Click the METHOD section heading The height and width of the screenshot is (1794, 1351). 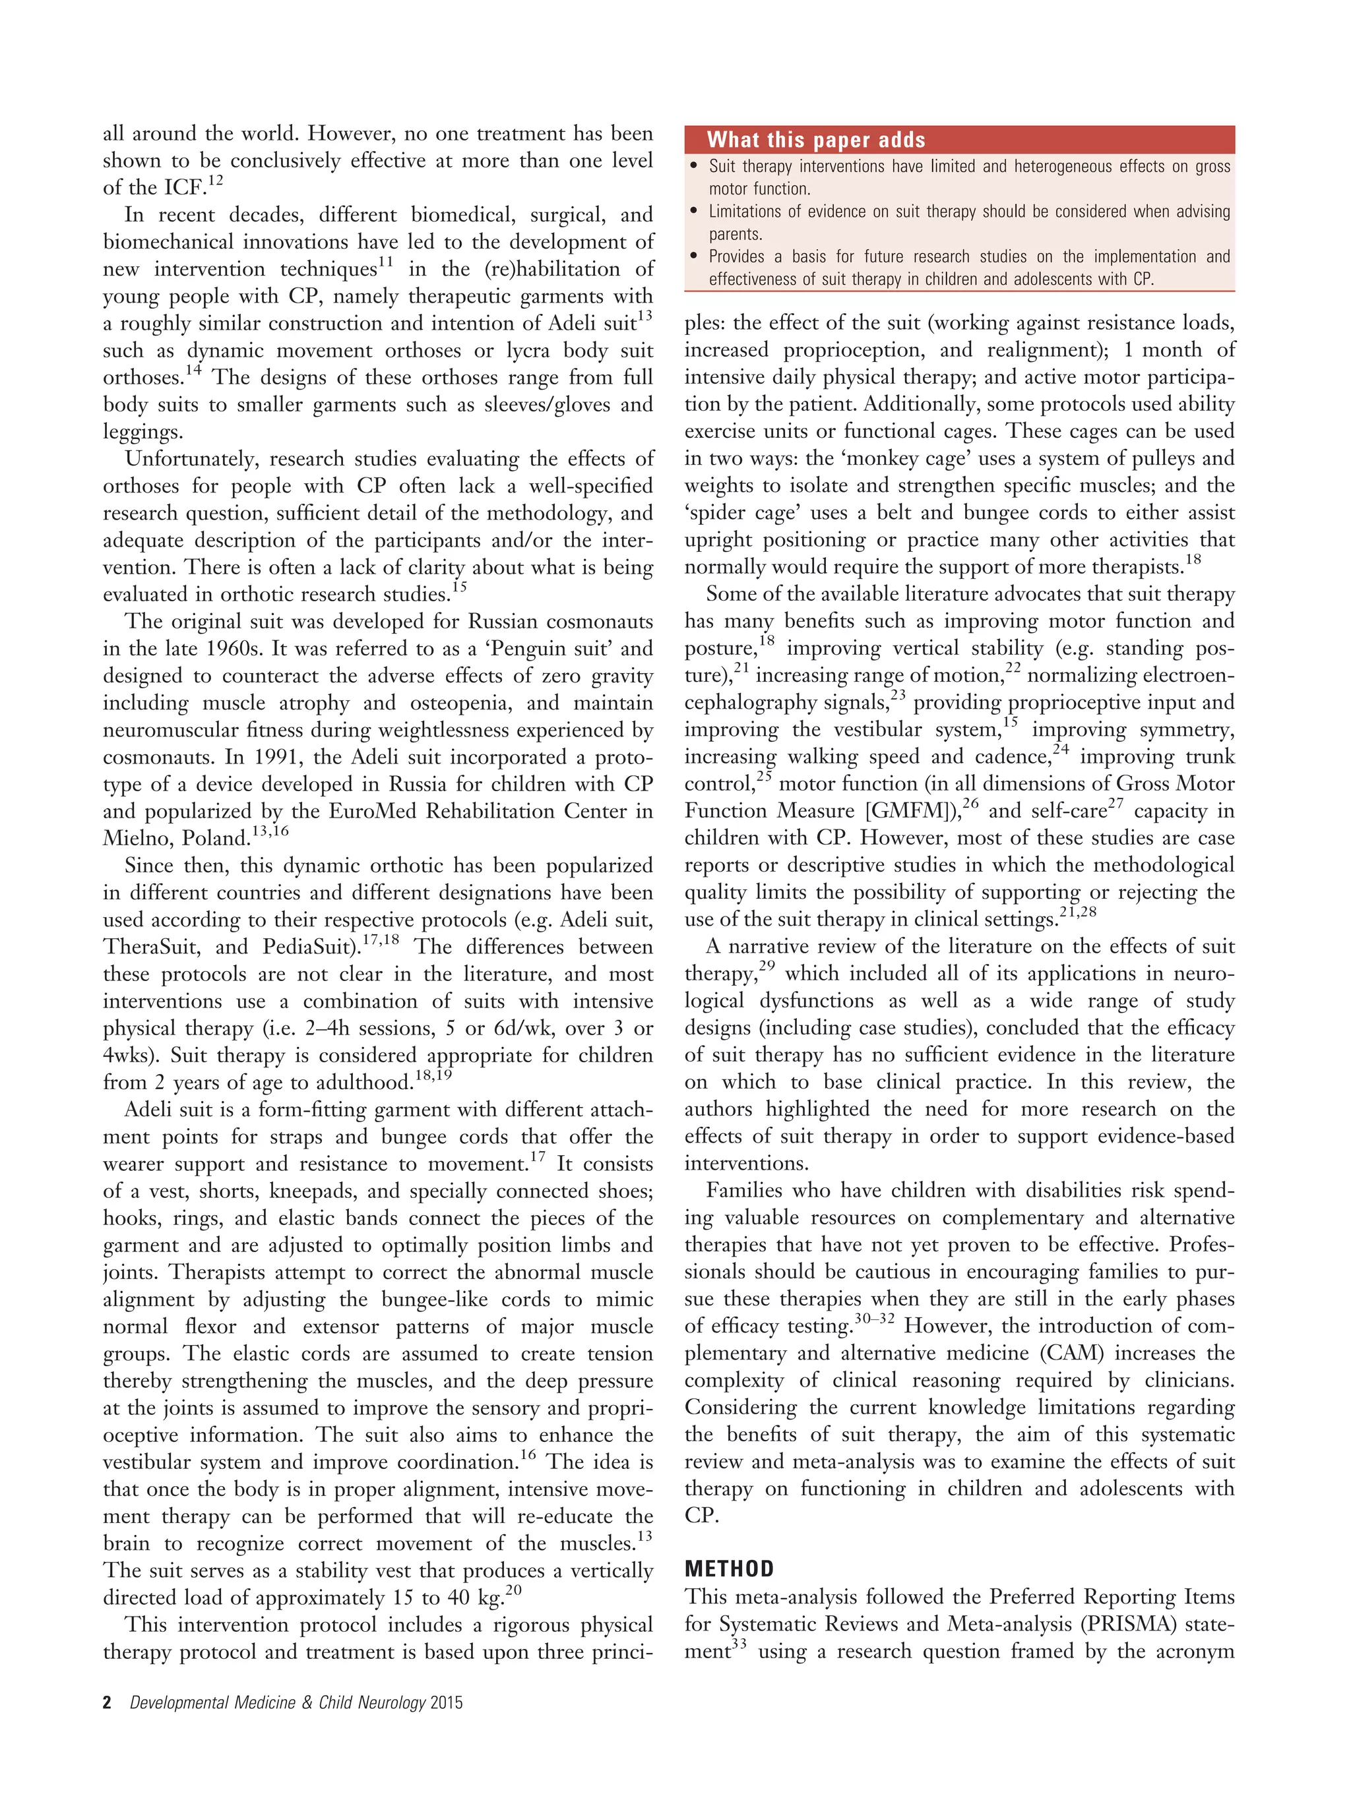[x=729, y=1569]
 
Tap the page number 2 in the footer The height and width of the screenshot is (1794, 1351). [x=107, y=1702]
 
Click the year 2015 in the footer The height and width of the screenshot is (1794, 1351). [x=447, y=1702]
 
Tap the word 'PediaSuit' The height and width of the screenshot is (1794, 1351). [x=311, y=947]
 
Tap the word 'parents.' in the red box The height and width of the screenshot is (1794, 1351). [x=735, y=235]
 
